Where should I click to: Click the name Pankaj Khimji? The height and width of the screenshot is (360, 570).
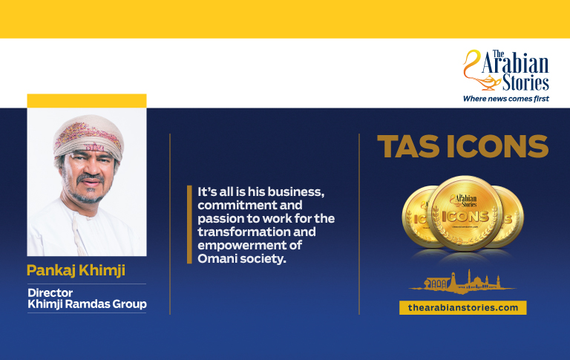click(x=76, y=270)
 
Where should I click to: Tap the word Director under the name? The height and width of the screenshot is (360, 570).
click(x=50, y=292)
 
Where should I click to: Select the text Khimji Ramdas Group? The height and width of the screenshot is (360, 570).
click(x=88, y=304)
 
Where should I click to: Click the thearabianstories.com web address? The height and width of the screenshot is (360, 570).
click(x=463, y=307)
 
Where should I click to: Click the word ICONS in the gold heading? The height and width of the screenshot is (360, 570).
click(x=498, y=146)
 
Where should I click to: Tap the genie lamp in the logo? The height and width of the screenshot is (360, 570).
click(x=485, y=83)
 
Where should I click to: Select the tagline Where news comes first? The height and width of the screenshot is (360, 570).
click(x=506, y=99)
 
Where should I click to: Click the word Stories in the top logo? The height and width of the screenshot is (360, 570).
click(x=525, y=82)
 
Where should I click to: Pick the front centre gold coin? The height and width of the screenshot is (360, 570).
click(x=465, y=214)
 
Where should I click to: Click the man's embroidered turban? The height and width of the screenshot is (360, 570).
click(x=88, y=137)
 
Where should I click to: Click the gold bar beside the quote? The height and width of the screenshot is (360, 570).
click(x=189, y=224)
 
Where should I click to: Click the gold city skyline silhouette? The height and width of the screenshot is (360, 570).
click(x=462, y=282)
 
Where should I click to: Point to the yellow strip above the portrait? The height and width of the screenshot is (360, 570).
click(x=87, y=101)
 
